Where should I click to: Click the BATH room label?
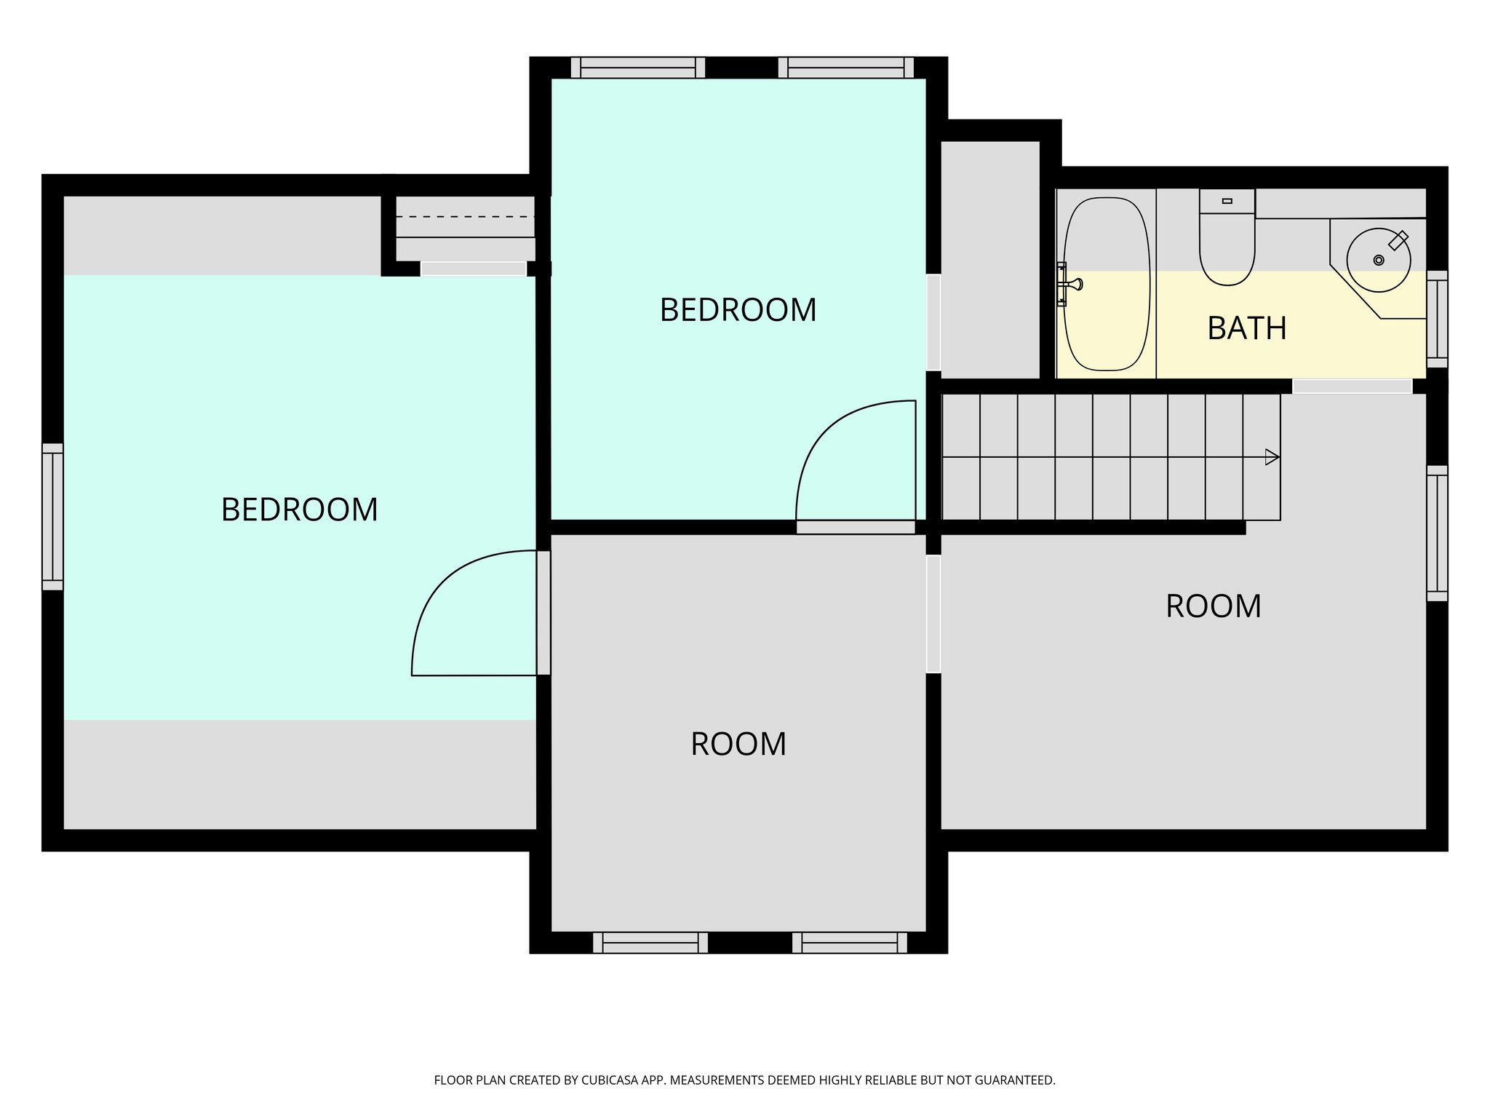pos(1247,328)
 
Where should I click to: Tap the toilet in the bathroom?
pos(1227,247)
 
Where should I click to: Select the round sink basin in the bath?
pos(1378,260)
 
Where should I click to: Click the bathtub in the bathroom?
pos(1107,284)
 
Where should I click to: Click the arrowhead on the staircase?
pos(1272,457)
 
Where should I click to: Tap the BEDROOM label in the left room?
pos(299,510)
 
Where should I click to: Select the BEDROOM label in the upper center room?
pos(738,310)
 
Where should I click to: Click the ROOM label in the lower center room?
pos(738,744)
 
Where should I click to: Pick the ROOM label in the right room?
pos(1213,606)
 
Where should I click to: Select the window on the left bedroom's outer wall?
pos(52,516)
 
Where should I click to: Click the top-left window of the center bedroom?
pos(637,68)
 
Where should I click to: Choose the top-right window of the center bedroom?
pos(845,68)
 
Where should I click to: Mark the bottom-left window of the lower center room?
pos(650,943)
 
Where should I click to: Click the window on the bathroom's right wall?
pos(1437,319)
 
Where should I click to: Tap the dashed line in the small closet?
pos(465,217)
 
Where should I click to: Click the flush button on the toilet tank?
pos(1227,201)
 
